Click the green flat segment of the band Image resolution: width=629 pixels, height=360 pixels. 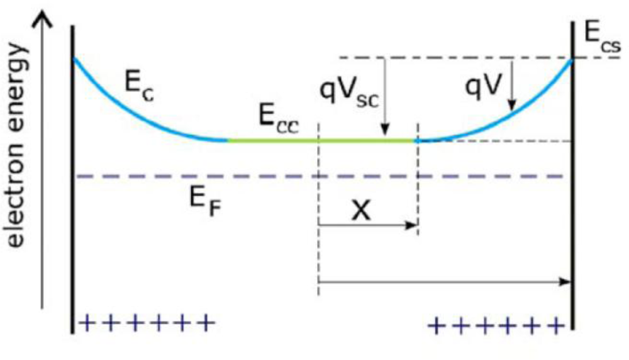[x=321, y=140]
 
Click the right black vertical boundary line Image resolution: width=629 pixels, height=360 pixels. [x=573, y=189]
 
